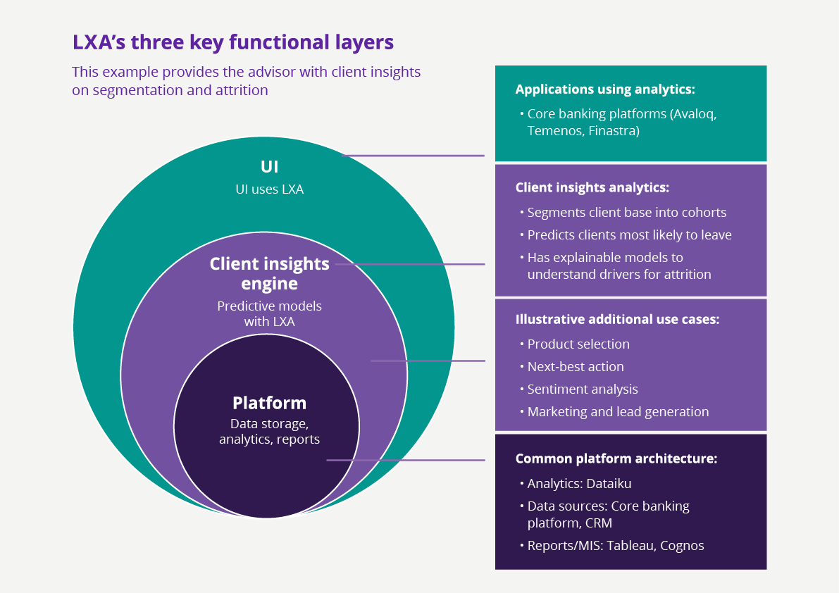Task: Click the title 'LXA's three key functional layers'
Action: click(232, 42)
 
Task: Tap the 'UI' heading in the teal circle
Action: click(269, 167)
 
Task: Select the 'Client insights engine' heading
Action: click(269, 274)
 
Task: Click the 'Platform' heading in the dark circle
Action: click(269, 403)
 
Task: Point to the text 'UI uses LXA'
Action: click(269, 189)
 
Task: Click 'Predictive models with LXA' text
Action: click(269, 314)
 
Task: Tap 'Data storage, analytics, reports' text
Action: click(269, 432)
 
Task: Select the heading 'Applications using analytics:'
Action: click(605, 89)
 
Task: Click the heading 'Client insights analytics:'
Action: click(592, 187)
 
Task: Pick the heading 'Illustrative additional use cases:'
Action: click(617, 319)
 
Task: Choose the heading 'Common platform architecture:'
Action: click(616, 458)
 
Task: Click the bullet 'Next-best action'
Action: click(576, 367)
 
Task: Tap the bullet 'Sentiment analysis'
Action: click(583, 389)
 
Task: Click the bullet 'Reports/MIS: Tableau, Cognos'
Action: click(616, 545)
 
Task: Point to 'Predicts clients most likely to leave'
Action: click(629, 235)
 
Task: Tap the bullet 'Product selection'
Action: click(578, 344)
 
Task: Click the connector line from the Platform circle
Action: click(406, 460)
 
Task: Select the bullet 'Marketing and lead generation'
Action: click(618, 412)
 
